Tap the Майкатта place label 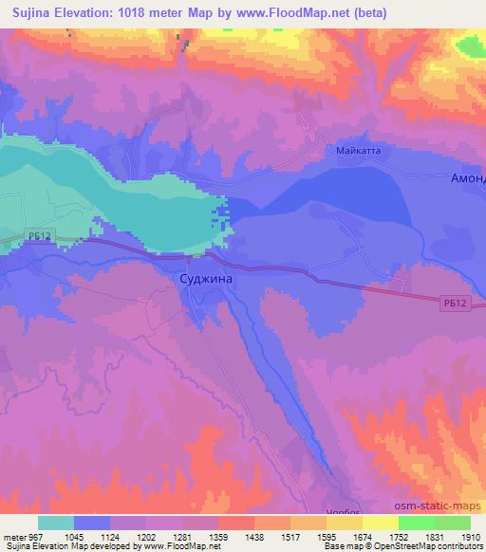[x=358, y=148]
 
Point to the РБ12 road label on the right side [x=457, y=304]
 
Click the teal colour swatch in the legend [x=56, y=523]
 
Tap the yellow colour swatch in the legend [x=381, y=523]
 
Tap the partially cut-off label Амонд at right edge [x=467, y=178]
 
